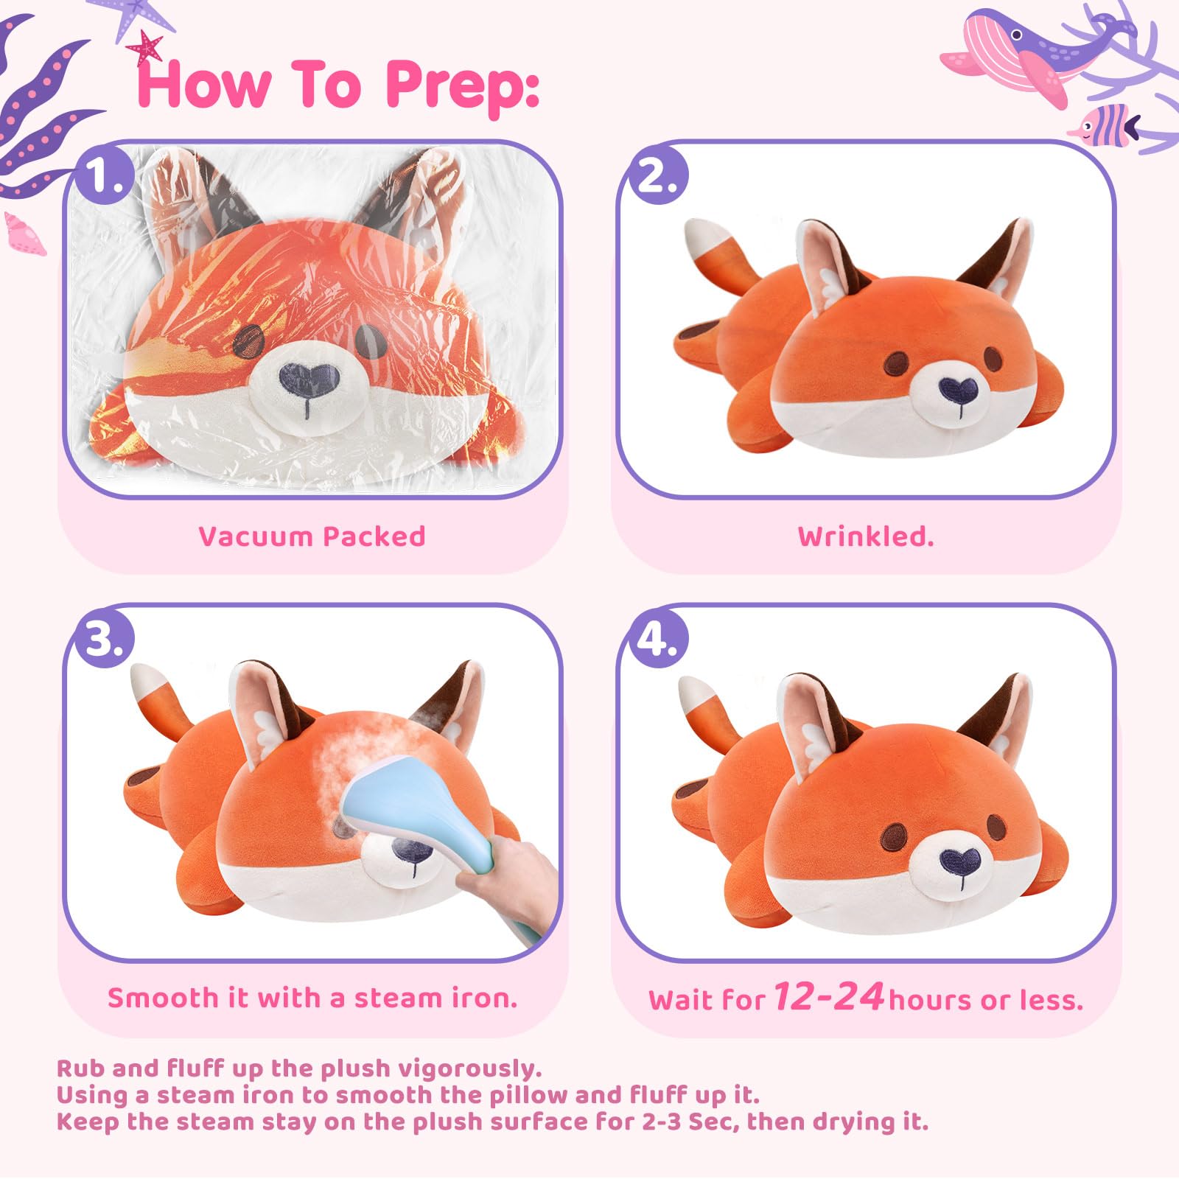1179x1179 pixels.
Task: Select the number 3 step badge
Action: tap(105, 638)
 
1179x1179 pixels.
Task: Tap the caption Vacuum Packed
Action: tap(312, 536)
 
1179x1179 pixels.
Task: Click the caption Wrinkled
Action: tap(866, 536)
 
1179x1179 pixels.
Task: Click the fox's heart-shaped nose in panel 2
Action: tap(959, 389)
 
